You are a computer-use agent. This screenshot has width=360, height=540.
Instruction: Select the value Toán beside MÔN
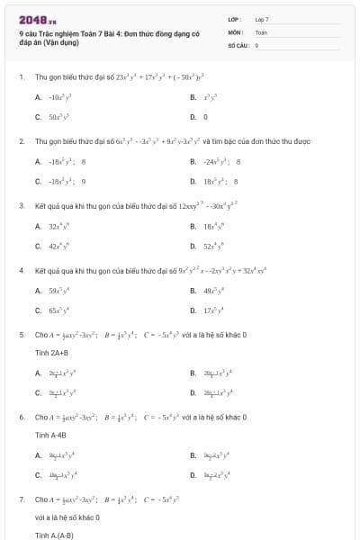pyautogui.click(x=261, y=31)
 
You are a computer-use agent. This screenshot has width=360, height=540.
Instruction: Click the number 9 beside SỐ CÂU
pyautogui.click(x=256, y=44)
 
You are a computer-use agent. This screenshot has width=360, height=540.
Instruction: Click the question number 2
pyautogui.click(x=21, y=142)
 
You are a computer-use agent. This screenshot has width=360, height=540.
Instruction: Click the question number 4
pyautogui.click(x=21, y=270)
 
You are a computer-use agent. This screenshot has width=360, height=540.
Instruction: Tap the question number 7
pyautogui.click(x=21, y=499)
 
